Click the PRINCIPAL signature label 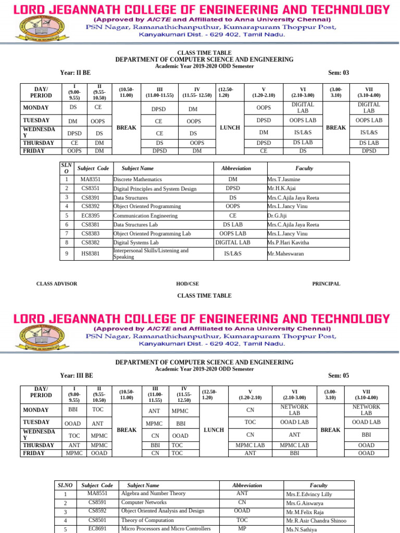click(x=326, y=284)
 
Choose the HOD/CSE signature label click(x=187, y=284)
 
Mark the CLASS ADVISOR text click(x=56, y=284)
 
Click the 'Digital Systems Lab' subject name click(x=136, y=243)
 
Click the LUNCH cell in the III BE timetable click(x=214, y=430)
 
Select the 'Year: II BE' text click(x=76, y=72)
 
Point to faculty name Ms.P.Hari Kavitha click(x=288, y=243)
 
